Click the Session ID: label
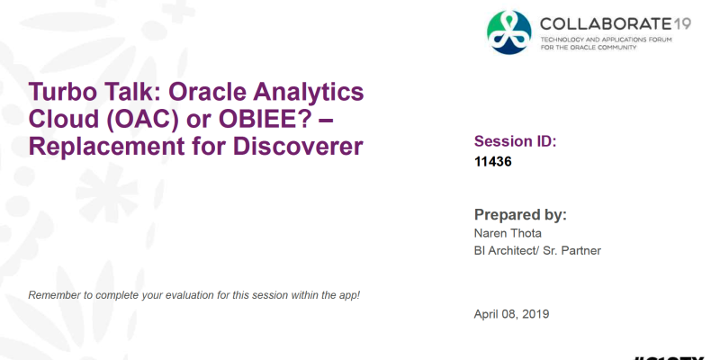tap(515, 141)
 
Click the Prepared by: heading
tap(520, 215)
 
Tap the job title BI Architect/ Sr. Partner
tap(537, 251)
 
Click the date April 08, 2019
tap(511, 314)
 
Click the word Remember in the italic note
tap(55, 295)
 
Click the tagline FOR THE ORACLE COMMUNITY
tap(589, 48)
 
